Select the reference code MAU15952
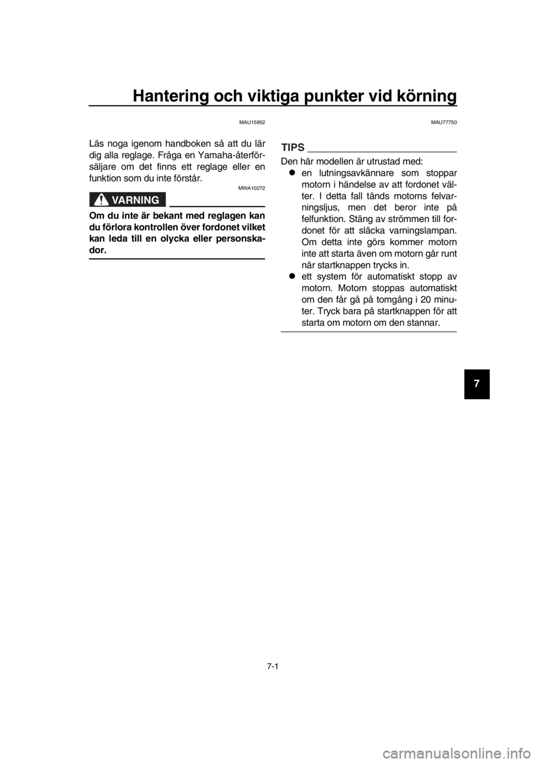click(252, 122)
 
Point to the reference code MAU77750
click(444, 122)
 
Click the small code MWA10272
click(252, 188)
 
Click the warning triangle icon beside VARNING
click(101, 200)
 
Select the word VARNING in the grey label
click(136, 200)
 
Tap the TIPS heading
click(292, 147)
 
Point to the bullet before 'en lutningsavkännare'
click(292, 173)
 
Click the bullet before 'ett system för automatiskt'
click(292, 276)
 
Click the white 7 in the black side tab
click(476, 383)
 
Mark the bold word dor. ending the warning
click(98, 250)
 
